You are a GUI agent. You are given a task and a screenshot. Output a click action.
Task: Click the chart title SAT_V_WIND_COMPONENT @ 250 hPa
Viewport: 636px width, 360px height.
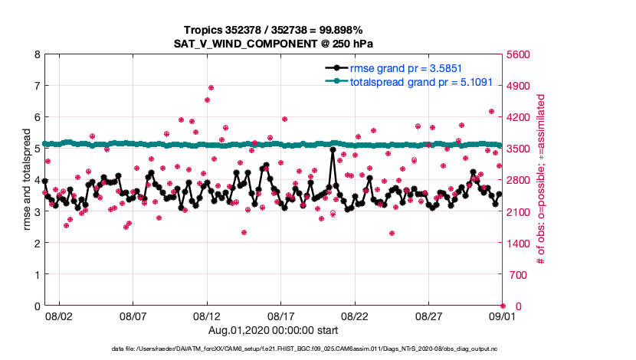click(272, 44)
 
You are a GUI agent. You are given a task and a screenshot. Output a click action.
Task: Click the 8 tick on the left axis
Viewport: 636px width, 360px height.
click(36, 55)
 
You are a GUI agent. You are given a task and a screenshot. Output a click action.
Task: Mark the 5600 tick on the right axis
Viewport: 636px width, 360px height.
click(518, 55)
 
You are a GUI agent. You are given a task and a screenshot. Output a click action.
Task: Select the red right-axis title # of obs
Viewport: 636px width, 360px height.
click(541, 181)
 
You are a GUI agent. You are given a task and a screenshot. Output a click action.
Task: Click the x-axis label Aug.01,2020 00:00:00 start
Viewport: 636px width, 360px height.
click(272, 329)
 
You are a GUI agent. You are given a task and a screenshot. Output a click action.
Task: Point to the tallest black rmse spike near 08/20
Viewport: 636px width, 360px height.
click(333, 150)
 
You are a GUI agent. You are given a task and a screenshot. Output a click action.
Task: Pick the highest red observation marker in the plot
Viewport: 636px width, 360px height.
click(211, 87)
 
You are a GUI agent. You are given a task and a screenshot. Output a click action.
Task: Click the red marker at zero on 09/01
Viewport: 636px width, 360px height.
click(503, 306)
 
